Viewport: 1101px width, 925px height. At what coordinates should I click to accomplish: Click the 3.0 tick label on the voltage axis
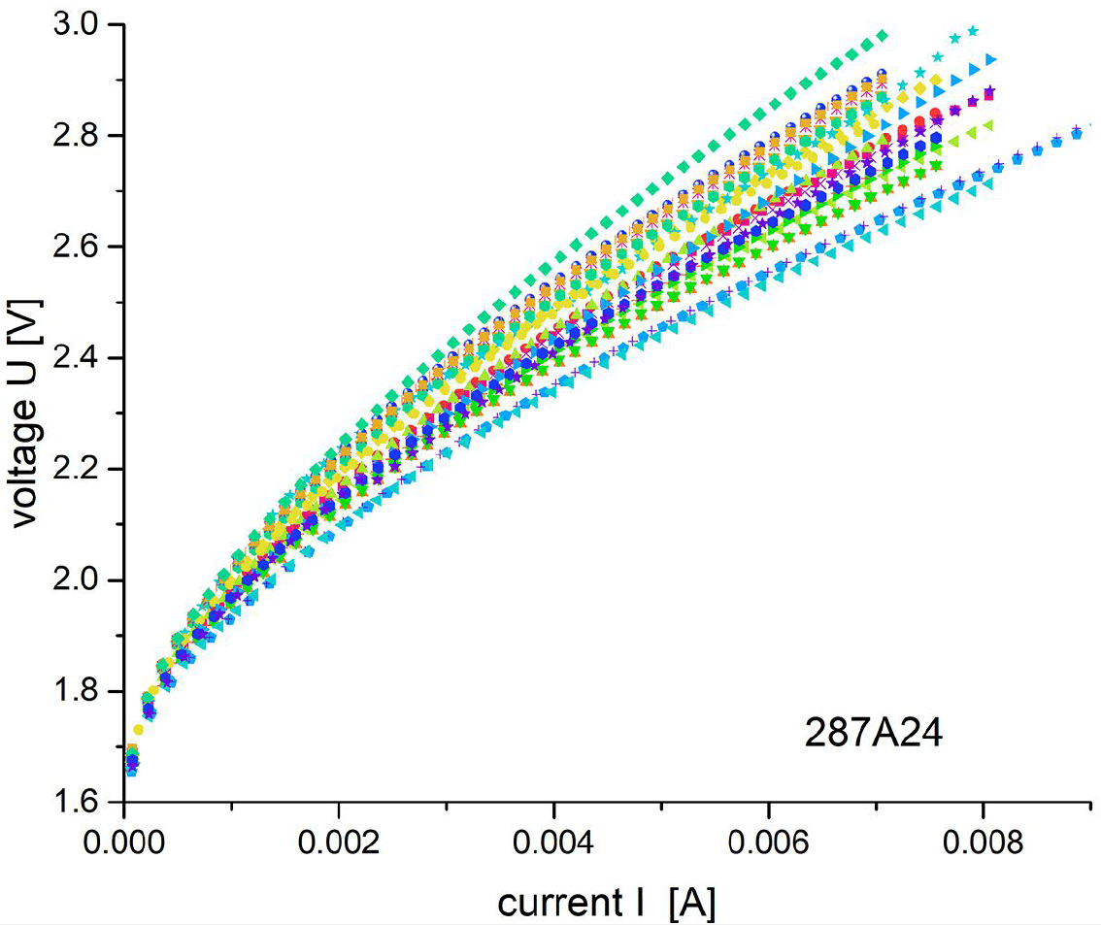point(80,24)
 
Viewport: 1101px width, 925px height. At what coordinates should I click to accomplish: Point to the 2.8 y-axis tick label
point(80,136)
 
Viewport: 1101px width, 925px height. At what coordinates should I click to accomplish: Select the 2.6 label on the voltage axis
point(80,247)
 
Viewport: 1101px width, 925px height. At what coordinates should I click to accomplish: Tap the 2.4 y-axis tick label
point(80,358)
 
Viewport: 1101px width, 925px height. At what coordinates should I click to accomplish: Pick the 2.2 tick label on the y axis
point(80,470)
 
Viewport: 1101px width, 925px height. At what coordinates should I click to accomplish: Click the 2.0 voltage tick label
point(80,580)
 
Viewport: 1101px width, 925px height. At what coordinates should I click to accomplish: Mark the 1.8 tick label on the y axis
point(80,692)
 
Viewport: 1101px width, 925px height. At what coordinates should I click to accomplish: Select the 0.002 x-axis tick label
point(339,841)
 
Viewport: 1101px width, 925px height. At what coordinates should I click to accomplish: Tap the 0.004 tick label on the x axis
point(553,841)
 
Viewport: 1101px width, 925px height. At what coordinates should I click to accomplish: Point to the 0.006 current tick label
point(769,841)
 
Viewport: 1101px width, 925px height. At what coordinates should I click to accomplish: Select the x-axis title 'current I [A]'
point(608,903)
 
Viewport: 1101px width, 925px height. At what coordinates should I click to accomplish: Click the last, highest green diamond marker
point(883,35)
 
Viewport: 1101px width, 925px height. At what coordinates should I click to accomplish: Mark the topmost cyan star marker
point(973,30)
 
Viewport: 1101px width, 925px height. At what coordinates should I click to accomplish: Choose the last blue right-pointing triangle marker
point(991,59)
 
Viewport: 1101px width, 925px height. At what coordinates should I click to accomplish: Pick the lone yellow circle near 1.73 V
point(138,730)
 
